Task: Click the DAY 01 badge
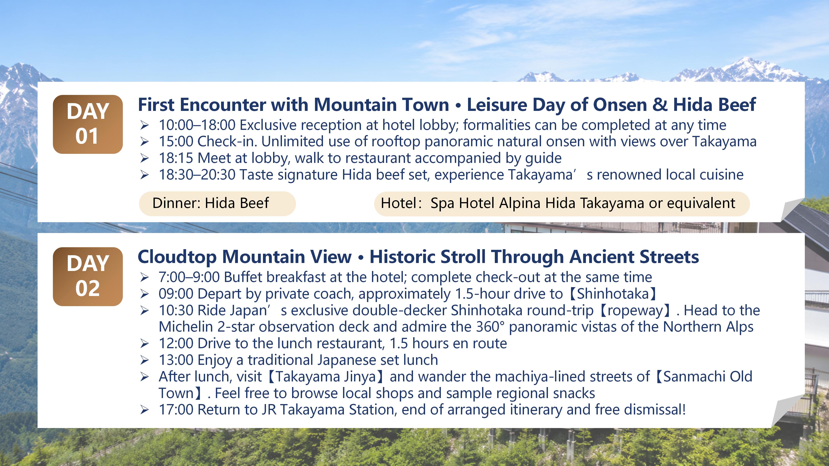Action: point(87,124)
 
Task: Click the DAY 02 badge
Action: point(87,276)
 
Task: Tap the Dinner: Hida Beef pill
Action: point(217,203)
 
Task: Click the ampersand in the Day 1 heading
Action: point(660,105)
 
